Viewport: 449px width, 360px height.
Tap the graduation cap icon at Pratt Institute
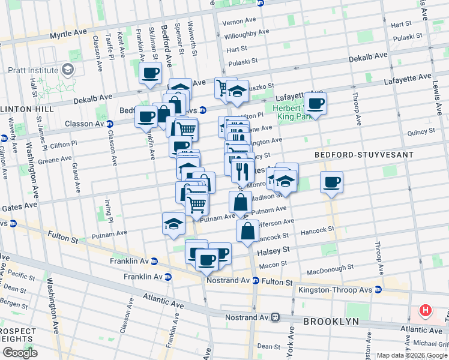coord(68,70)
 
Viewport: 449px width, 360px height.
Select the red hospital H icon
coord(426,310)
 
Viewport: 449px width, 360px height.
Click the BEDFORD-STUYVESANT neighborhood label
coord(364,155)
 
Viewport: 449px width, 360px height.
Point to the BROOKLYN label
coord(331,322)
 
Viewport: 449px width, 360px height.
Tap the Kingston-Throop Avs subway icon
coord(378,289)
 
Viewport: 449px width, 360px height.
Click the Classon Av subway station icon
coord(110,124)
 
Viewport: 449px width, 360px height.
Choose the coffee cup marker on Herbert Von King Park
coord(316,103)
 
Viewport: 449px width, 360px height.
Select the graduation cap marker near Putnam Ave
coord(174,224)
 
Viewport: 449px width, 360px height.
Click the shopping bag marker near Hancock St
coord(248,231)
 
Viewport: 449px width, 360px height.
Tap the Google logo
coord(20,353)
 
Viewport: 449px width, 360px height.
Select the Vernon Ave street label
coord(240,22)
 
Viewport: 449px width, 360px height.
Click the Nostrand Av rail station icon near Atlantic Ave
coord(276,316)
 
